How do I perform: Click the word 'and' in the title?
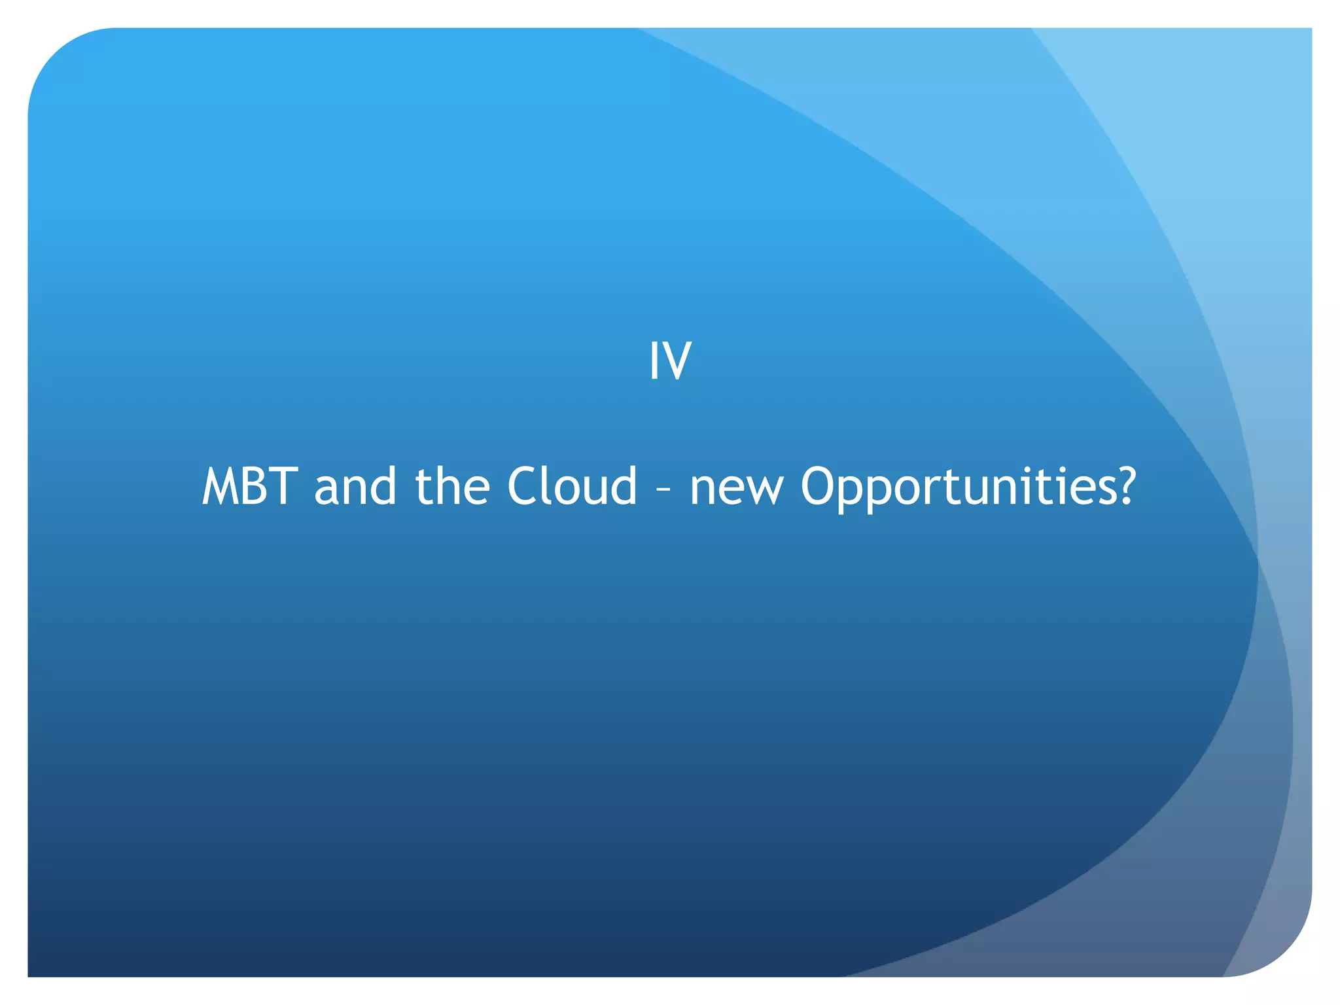355,487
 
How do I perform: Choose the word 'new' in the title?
736,491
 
